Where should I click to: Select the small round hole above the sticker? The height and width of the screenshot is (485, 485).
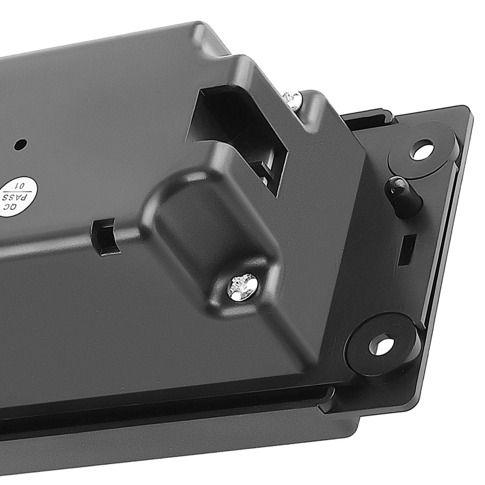point(20,144)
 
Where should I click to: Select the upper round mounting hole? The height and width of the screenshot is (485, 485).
point(422,150)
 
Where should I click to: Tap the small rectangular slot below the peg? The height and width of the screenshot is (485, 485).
point(407,249)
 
